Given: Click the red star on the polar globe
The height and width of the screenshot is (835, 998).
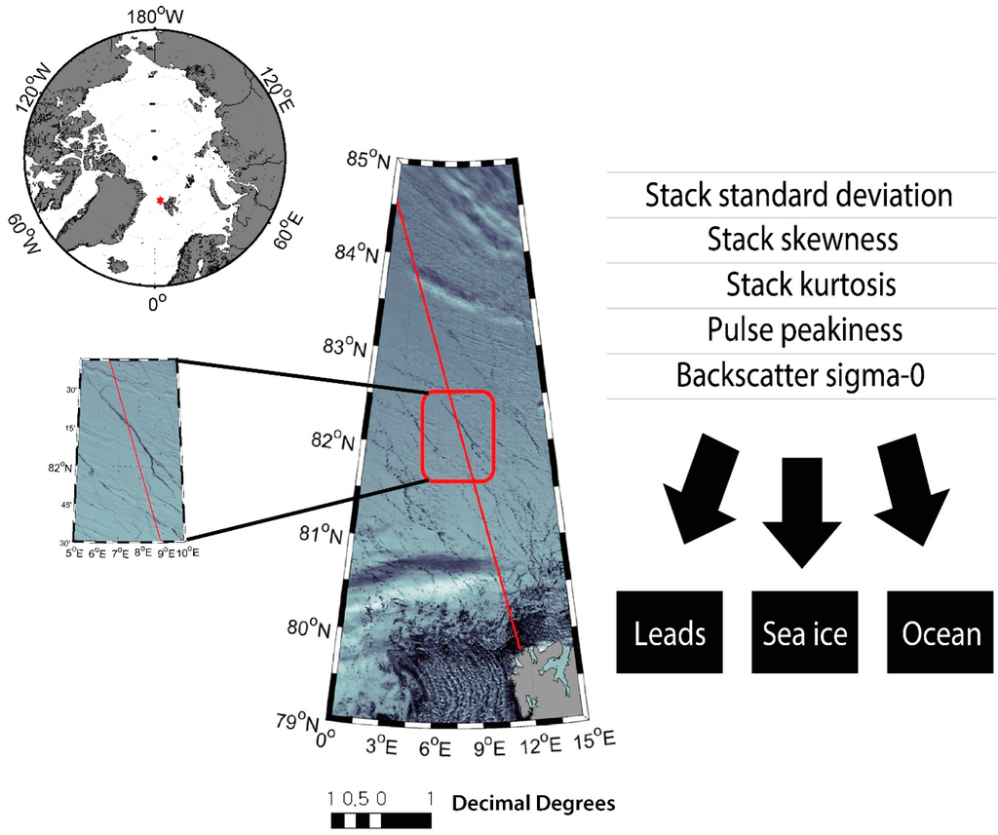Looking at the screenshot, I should coord(160,201).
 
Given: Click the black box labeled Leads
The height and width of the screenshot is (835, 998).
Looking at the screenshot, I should coord(670,631).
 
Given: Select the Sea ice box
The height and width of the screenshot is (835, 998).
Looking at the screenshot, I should coord(804,631).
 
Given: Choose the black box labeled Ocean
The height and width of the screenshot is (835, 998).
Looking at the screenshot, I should coord(940,631).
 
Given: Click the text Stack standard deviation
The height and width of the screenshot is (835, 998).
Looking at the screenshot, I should coord(798,196).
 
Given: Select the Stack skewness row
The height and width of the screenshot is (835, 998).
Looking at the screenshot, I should coord(802,240).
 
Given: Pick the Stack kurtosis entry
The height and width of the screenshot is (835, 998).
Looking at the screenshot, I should coord(810,285).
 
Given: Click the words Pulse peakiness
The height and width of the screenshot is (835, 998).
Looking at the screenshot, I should coord(805,329).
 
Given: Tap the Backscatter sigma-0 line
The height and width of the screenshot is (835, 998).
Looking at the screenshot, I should coord(801,375).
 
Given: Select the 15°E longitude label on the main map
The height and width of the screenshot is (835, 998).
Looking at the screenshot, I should coord(595,743).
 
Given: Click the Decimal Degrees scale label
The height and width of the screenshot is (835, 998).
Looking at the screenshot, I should coord(532,804).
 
